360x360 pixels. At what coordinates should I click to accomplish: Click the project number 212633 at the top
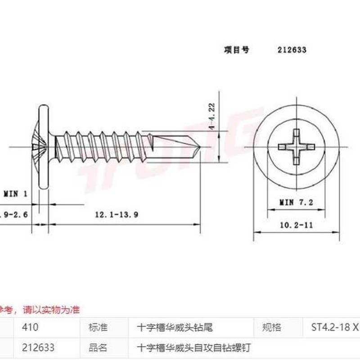292,50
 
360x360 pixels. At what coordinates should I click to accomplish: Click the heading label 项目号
236,50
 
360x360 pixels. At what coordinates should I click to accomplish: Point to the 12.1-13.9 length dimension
116,215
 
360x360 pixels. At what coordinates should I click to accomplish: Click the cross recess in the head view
295,147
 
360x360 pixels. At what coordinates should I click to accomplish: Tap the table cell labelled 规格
271,327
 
